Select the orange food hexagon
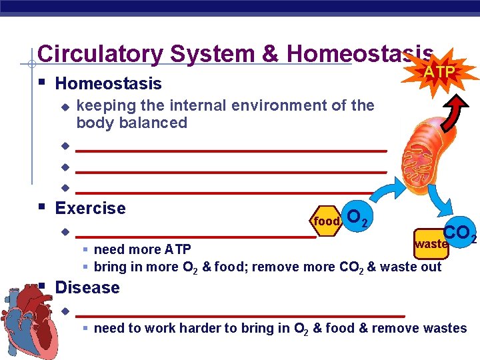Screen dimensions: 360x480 point(327,220)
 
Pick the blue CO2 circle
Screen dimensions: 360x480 point(459,233)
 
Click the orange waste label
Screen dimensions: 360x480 point(431,244)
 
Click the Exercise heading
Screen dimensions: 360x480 point(90,208)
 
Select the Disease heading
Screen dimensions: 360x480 point(87,287)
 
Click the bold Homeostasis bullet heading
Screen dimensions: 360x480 point(108,83)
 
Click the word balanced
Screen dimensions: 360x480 point(159,123)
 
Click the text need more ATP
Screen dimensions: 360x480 point(142,249)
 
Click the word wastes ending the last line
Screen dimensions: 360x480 point(445,328)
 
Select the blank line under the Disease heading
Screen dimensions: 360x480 point(240,313)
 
